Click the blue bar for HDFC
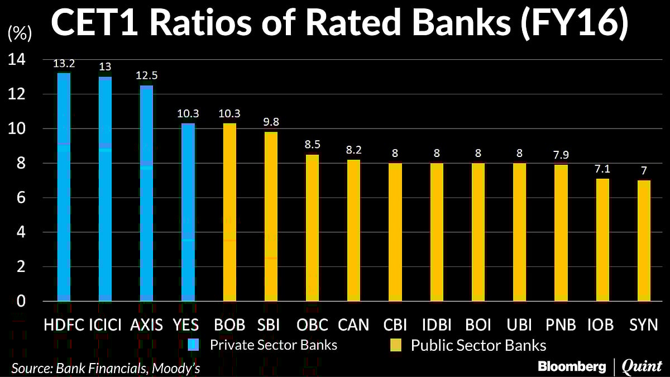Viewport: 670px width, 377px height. pyautogui.click(x=64, y=187)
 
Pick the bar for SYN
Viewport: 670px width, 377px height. pyautogui.click(x=644, y=241)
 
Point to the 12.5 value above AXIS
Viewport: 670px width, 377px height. pyautogui.click(x=146, y=75)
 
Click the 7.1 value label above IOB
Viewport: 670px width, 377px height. pyautogui.click(x=602, y=169)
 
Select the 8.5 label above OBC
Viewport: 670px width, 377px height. pyautogui.click(x=313, y=145)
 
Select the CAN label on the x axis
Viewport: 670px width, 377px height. pyautogui.click(x=353, y=324)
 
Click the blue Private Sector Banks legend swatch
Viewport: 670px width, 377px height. pyautogui.click(x=193, y=345)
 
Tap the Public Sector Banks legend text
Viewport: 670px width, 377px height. pyautogui.click(x=478, y=345)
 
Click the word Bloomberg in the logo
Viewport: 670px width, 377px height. pyautogui.click(x=571, y=366)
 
